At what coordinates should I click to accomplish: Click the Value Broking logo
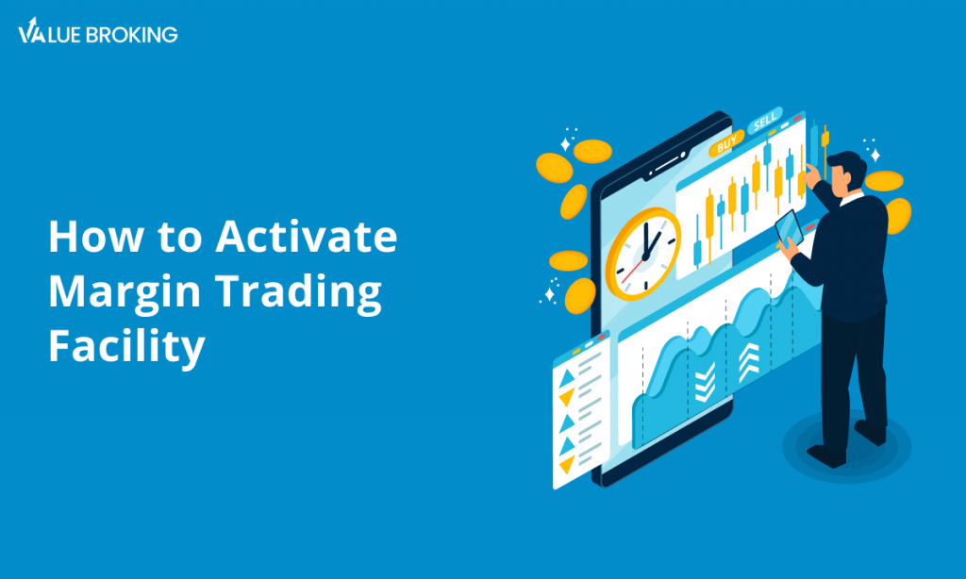pyautogui.click(x=98, y=31)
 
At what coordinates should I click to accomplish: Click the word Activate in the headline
pyautogui.click(x=307, y=236)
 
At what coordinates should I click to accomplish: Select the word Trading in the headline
pyautogui.click(x=298, y=291)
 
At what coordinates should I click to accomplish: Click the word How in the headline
pyautogui.click(x=95, y=236)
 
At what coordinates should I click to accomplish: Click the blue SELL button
pyautogui.click(x=764, y=121)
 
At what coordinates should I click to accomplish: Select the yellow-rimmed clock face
pyautogui.click(x=643, y=253)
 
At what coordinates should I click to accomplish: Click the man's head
pyautogui.click(x=846, y=173)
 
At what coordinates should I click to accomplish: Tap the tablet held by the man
pyautogui.click(x=790, y=228)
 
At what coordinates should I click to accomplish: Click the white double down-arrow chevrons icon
pyautogui.click(x=704, y=382)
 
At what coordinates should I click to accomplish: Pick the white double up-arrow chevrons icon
pyautogui.click(x=748, y=361)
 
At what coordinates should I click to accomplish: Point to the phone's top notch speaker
pyautogui.click(x=668, y=163)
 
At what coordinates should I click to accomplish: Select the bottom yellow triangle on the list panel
pyautogui.click(x=567, y=465)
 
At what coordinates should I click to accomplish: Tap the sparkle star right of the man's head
pyautogui.click(x=874, y=155)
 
